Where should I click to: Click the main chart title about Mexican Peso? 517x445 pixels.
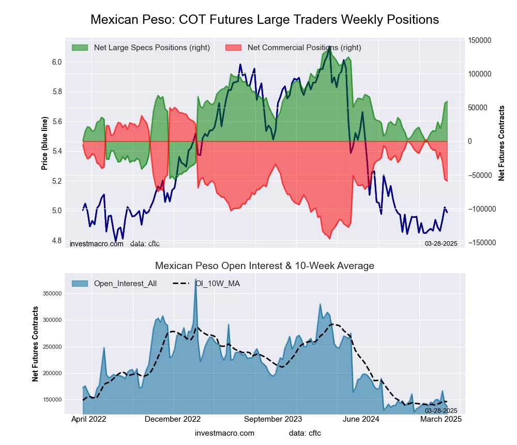265,20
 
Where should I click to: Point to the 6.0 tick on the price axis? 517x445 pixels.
56,62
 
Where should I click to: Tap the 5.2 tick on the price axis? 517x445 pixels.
56,181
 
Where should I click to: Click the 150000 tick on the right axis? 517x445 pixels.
479,40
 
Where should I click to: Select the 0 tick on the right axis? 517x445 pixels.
470,141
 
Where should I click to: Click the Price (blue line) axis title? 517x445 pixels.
45,144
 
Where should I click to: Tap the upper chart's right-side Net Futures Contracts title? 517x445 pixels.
501,143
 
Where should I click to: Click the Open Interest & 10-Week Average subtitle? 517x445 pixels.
265,266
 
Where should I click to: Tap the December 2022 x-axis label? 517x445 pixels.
173,420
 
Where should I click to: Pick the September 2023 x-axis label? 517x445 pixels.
273,420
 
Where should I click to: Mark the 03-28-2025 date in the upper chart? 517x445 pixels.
441,244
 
